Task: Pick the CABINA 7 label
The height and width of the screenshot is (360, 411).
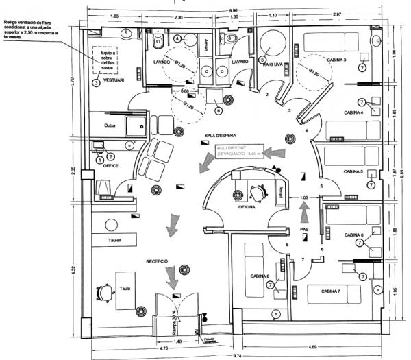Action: (330, 291)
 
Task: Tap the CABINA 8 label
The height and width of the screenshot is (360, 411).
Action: (258, 278)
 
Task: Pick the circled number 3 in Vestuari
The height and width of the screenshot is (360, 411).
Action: (96, 82)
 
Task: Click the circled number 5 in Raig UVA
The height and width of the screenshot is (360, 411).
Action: (263, 59)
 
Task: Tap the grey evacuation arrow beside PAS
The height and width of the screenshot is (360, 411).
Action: (306, 204)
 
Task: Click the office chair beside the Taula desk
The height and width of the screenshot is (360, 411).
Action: (103, 291)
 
